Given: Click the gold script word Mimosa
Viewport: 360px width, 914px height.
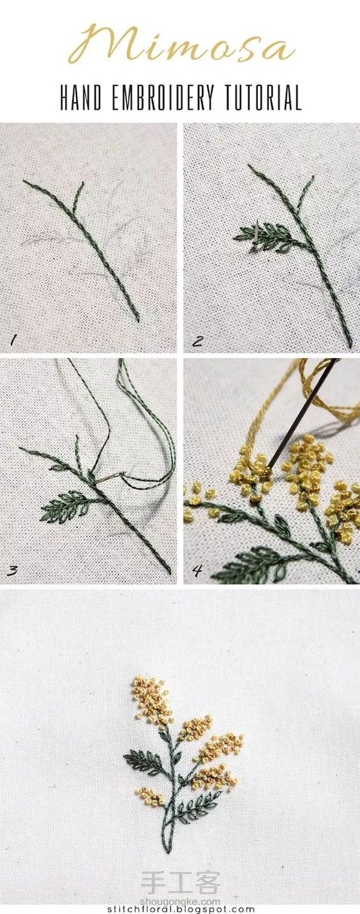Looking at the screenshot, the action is point(182,43).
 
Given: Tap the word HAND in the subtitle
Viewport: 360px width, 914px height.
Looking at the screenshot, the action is point(81,98).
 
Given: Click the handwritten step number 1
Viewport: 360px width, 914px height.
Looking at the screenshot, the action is point(13,340).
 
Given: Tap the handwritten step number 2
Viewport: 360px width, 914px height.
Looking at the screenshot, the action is point(197,341).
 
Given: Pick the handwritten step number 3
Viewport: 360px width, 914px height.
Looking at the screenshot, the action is point(12,570).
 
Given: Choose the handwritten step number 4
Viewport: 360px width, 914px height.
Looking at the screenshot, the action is point(197,570).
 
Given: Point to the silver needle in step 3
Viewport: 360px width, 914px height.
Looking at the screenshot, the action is point(110,478).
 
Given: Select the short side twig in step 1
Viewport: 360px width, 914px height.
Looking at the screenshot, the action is point(78,196).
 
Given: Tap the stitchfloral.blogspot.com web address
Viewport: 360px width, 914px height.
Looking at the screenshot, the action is point(182,909).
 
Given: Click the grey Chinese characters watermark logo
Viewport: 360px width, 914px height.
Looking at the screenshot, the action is point(180,884).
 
